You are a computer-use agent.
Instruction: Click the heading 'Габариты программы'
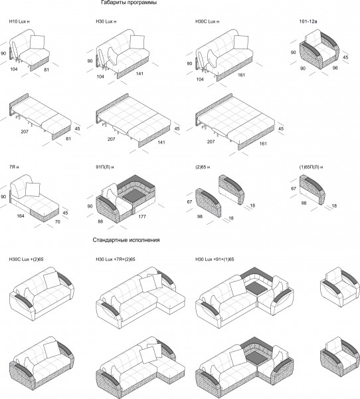tap(129, 3)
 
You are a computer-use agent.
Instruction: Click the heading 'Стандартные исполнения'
tap(126, 240)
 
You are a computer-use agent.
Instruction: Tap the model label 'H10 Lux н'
tap(19, 22)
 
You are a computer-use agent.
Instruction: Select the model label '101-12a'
tap(308, 22)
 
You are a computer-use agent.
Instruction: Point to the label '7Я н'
tap(14, 167)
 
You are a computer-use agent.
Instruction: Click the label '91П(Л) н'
tap(105, 167)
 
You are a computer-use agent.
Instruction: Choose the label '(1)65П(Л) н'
tap(312, 167)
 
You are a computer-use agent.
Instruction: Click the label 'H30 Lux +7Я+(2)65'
tap(116, 259)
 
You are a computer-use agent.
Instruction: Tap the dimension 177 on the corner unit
tap(142, 217)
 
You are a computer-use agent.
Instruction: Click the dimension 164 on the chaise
tap(21, 216)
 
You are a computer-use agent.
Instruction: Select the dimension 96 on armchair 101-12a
tap(335, 68)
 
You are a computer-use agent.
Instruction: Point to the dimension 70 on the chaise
tap(58, 222)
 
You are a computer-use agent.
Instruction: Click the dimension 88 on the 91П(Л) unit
tap(100, 221)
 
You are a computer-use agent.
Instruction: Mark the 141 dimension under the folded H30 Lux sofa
tap(139, 74)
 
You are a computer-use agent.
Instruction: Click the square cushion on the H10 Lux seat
tap(37, 42)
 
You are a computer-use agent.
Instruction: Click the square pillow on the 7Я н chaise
tap(33, 190)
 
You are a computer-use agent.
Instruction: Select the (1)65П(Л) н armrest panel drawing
tap(312, 190)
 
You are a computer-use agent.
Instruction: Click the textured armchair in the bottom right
tap(339, 354)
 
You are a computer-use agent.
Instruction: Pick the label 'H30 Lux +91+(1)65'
tap(215, 259)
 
